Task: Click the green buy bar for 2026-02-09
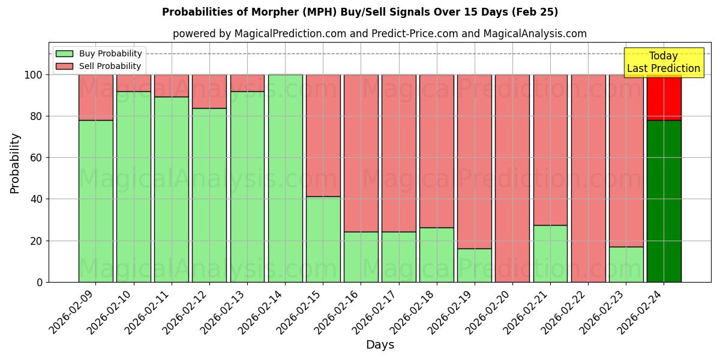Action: coord(95,201)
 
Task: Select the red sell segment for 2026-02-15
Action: coord(323,136)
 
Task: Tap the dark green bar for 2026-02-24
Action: coord(664,201)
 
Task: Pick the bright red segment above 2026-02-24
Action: coord(664,98)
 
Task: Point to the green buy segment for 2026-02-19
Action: coord(475,265)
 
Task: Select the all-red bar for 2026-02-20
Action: coord(512,178)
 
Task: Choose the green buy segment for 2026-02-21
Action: coord(550,253)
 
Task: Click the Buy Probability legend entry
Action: coord(99,54)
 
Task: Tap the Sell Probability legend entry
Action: coord(99,66)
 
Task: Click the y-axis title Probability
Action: coord(15,163)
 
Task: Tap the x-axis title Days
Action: coord(380,345)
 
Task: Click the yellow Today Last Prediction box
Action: coord(663,62)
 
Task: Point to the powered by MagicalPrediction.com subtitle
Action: coord(380,34)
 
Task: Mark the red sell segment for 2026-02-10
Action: coord(133,83)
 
